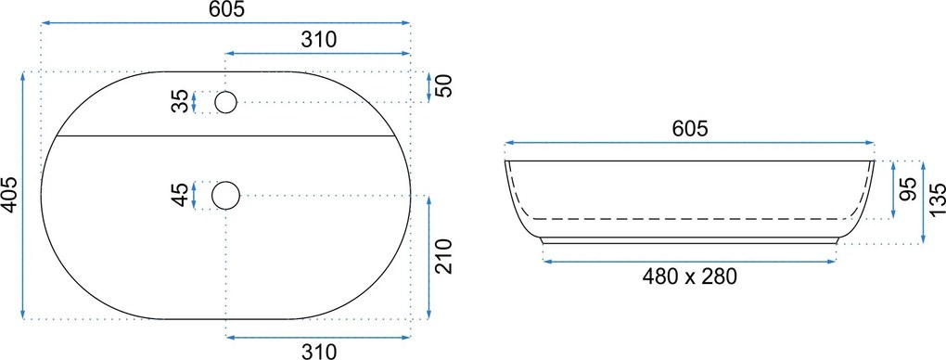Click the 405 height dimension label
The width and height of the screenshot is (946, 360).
click(9, 195)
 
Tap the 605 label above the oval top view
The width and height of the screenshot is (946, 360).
click(227, 9)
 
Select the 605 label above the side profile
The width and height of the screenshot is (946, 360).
click(690, 129)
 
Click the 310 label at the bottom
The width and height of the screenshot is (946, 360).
click(318, 351)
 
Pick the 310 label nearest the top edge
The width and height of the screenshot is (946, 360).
click(318, 40)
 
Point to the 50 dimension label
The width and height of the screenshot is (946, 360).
click(443, 86)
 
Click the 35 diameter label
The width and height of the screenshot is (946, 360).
click(180, 102)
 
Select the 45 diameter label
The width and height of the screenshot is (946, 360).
click(180, 195)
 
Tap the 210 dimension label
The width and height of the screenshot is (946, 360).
click(443, 256)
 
